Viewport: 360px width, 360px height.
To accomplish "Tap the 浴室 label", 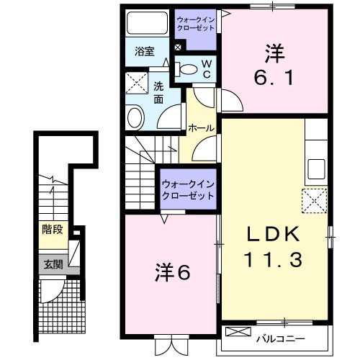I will point(145,51).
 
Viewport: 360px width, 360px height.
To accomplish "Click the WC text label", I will point(205,68).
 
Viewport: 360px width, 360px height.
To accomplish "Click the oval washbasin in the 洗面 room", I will point(135,117).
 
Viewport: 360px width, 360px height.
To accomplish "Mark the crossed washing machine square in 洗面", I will point(135,84).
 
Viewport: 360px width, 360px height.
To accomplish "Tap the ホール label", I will point(200,128).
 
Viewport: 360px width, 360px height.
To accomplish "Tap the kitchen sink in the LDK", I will point(317,171).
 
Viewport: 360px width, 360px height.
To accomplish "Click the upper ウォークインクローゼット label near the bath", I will point(195,24).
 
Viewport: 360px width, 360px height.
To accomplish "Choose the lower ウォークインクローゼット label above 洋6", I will point(189,190).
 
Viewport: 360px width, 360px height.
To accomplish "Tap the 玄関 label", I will point(52,264).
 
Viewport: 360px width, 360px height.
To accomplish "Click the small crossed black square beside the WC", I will point(178,48).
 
